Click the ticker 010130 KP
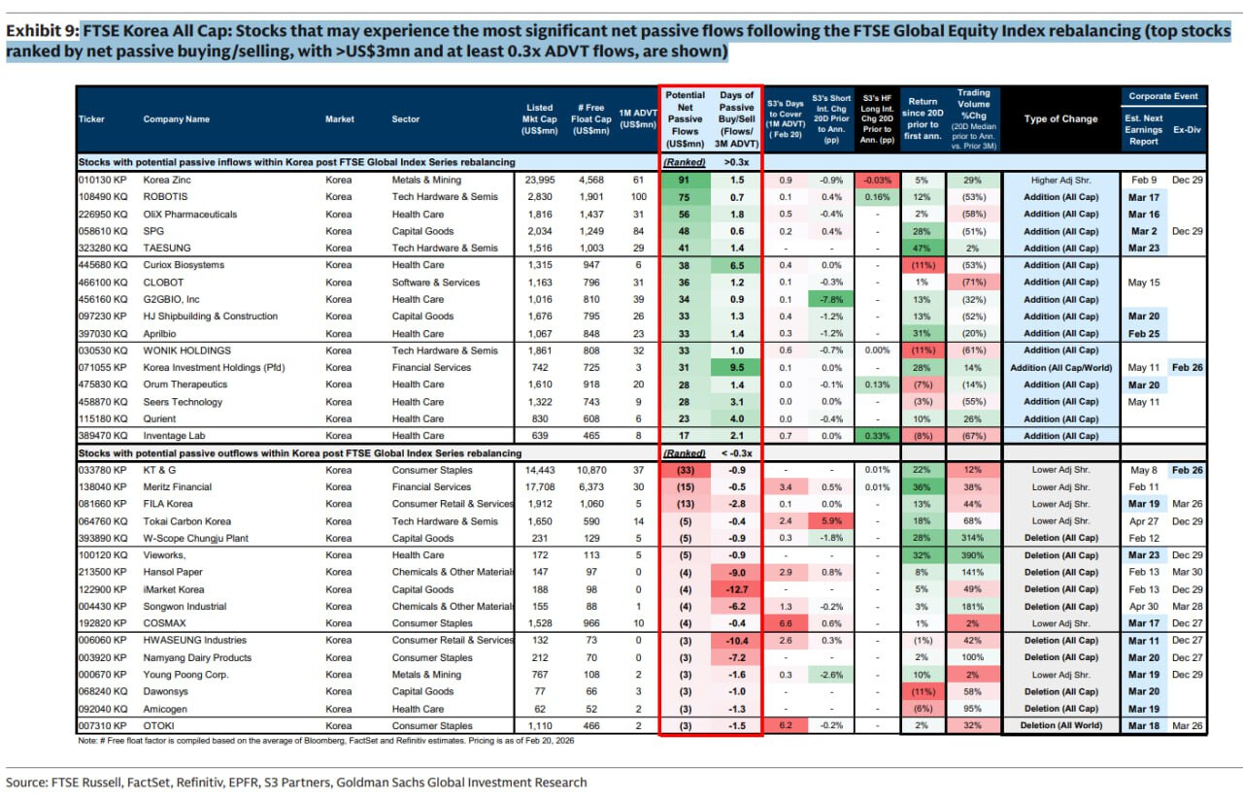coord(101,181)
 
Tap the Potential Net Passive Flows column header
coord(686,119)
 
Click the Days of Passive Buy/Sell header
coord(737,119)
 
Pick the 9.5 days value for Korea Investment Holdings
coord(737,367)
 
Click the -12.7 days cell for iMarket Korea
coord(737,589)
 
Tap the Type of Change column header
coord(1060,119)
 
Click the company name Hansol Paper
coord(173,573)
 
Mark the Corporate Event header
coord(1162,96)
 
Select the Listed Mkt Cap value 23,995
coord(539,181)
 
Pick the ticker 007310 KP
coord(101,725)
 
